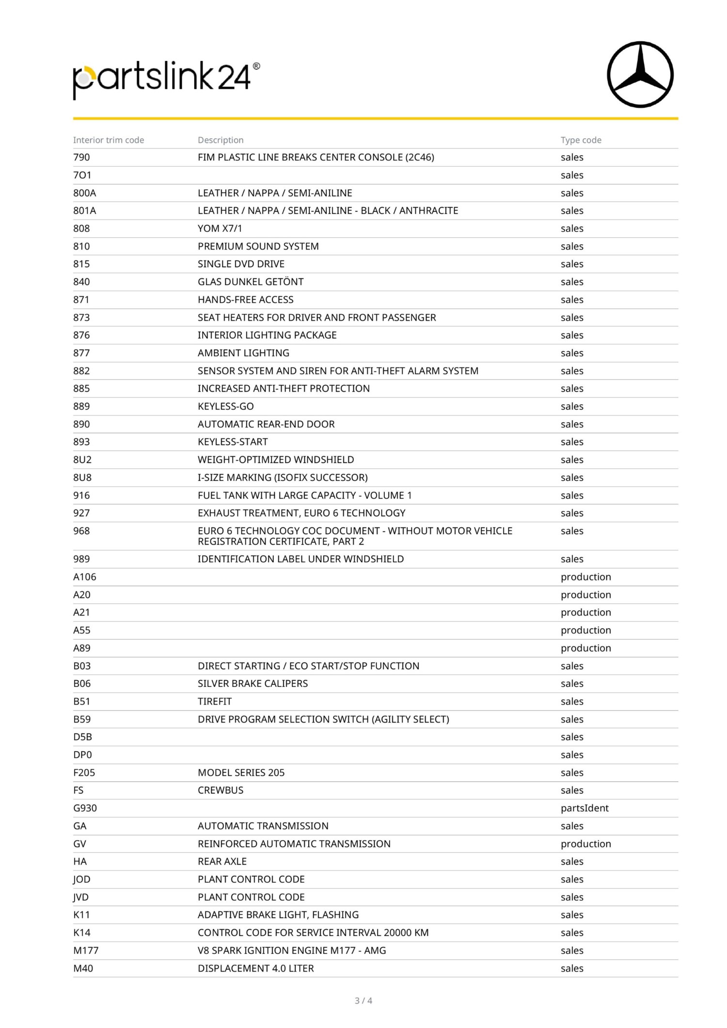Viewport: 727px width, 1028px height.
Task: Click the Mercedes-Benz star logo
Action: tap(640, 75)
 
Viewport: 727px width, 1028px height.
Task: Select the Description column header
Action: tap(221, 140)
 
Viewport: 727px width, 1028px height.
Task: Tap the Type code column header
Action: tap(581, 140)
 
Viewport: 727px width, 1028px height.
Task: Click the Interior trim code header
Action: tap(109, 140)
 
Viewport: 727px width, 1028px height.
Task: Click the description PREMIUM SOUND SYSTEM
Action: tap(258, 246)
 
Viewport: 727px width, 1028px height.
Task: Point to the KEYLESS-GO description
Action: tap(225, 406)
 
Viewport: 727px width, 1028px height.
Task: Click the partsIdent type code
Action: tap(585, 808)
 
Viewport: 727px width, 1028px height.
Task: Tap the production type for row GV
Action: tap(585, 844)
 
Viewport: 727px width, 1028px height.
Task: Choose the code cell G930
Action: tap(85, 808)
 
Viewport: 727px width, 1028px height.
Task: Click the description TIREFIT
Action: tap(215, 701)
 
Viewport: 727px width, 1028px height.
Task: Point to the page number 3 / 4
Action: tap(363, 1000)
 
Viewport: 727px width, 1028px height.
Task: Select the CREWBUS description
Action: tap(221, 790)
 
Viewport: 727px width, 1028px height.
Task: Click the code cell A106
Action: tap(85, 577)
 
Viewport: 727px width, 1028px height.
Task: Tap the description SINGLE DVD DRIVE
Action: tap(241, 264)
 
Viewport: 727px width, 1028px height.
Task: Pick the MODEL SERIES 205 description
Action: tap(241, 773)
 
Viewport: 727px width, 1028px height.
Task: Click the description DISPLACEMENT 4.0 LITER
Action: tap(255, 968)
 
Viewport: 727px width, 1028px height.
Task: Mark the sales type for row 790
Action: tap(572, 158)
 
